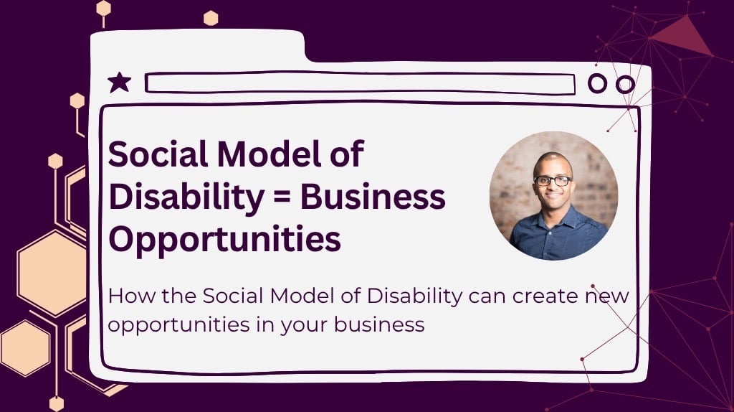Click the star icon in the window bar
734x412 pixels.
(119, 83)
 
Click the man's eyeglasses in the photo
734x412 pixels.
(553, 180)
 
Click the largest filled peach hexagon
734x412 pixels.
(52, 273)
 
